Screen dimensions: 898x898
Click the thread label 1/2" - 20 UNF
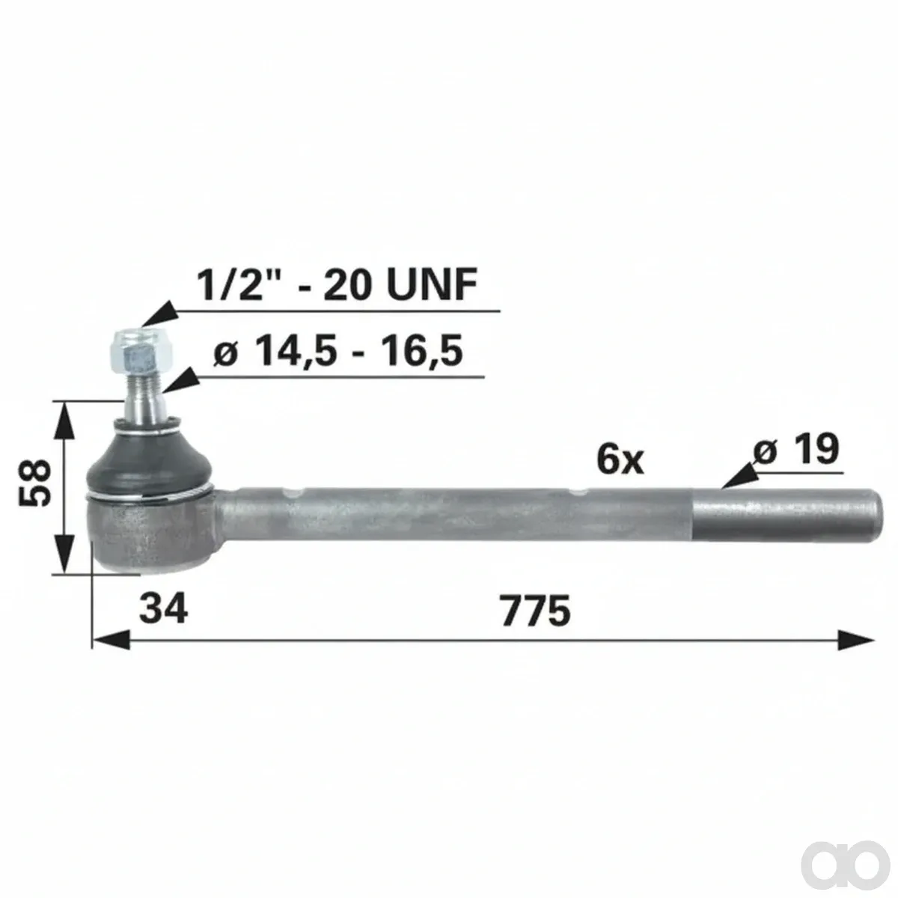pos(337,284)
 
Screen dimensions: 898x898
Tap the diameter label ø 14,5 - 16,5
pos(338,351)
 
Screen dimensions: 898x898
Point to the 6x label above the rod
pos(620,459)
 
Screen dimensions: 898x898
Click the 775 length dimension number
pos(536,610)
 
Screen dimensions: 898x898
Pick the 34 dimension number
pos(164,608)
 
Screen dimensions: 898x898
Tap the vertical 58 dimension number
pos(34,482)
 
